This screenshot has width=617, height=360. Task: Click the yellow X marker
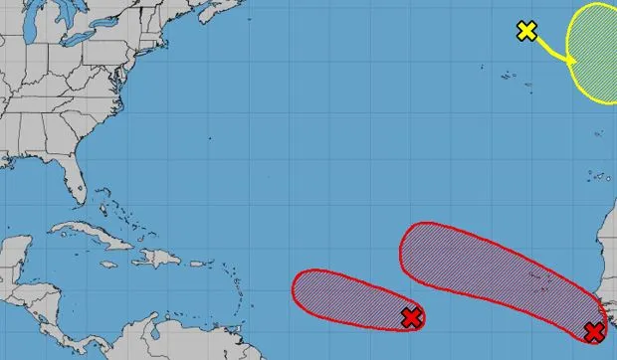click(527, 31)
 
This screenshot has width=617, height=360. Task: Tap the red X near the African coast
click(594, 332)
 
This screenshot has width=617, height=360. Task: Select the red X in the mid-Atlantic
click(411, 318)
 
